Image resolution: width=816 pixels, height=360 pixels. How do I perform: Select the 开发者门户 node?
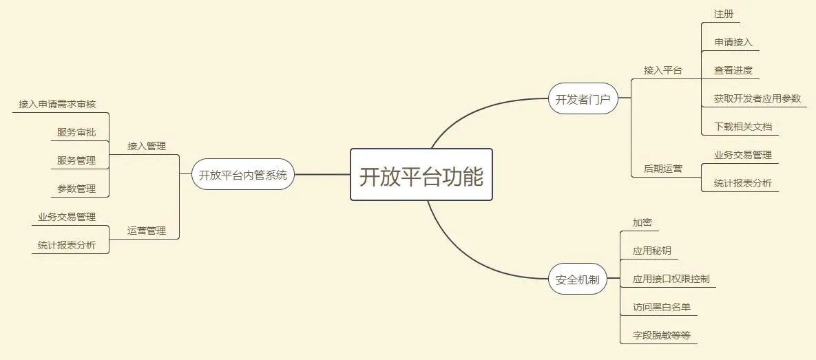coord(583,99)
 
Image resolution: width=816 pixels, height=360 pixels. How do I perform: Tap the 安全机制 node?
coord(577,280)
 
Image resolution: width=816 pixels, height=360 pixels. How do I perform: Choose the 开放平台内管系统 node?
coord(242,175)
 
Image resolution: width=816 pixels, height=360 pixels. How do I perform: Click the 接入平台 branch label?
coord(662,70)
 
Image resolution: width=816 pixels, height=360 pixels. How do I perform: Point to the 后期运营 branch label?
coord(662,168)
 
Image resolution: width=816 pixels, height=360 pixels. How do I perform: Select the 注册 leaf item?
coord(724,14)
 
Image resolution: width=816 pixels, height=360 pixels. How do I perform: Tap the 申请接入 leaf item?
coord(733,43)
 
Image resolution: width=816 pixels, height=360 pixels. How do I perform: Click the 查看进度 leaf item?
coord(733,70)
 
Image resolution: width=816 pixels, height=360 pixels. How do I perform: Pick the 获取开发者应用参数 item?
coord(757,98)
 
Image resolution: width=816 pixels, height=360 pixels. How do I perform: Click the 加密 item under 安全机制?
coord(642,223)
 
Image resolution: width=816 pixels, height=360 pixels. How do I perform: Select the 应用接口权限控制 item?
coord(671,279)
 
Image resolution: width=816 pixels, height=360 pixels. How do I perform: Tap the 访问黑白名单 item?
coord(661,307)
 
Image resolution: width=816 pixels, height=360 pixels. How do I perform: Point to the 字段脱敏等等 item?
coord(661,335)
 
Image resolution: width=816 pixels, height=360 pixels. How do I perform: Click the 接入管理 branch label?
coord(146,146)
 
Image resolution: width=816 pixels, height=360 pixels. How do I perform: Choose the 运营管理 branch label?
coord(146,231)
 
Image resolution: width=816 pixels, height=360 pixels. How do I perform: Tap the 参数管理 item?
coord(76,189)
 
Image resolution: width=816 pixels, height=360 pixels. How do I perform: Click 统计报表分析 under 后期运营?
coord(743,183)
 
